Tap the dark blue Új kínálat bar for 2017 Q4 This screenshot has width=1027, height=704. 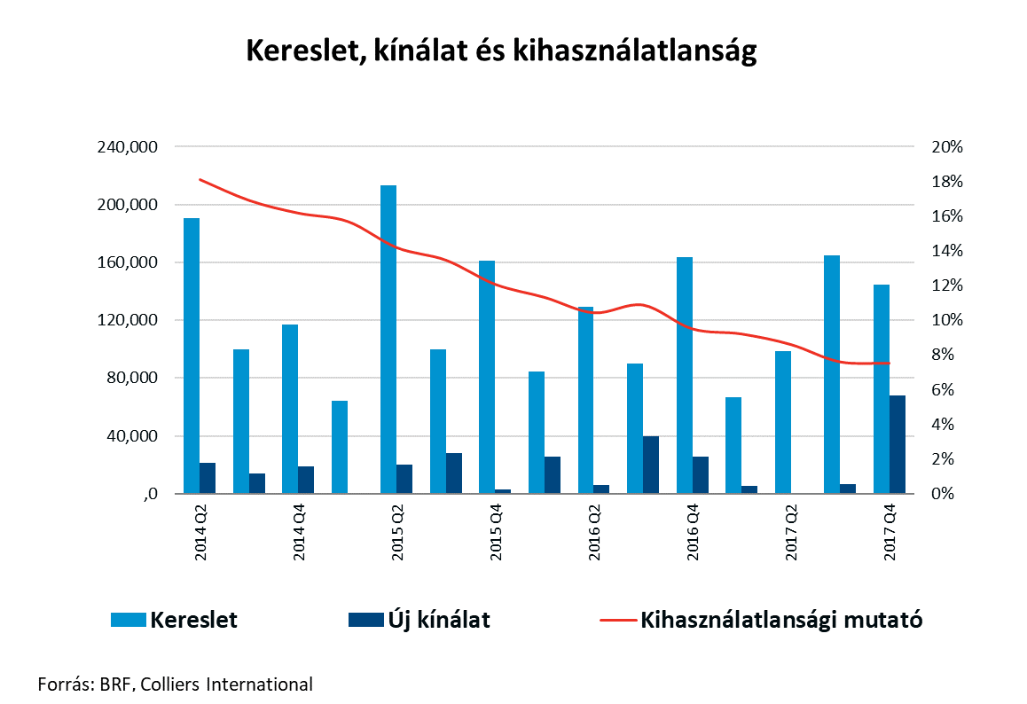[898, 444]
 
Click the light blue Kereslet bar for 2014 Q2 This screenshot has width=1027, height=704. [192, 356]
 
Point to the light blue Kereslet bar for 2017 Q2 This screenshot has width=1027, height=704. [782, 422]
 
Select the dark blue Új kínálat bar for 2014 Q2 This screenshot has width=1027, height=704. [208, 478]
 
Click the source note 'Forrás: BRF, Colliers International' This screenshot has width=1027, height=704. [176, 684]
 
